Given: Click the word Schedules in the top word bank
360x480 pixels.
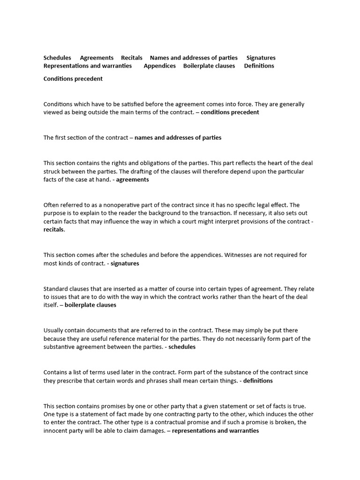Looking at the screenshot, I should click(x=57, y=58).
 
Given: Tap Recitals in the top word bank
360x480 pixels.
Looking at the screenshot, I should click(x=132, y=58).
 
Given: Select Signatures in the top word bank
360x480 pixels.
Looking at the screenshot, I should click(x=261, y=58).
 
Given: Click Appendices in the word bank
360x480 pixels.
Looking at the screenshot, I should click(x=160, y=66).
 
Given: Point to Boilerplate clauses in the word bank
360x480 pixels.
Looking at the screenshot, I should click(x=209, y=66).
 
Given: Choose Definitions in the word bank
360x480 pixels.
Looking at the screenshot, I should click(x=259, y=66).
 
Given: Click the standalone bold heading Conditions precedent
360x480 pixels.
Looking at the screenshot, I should click(x=73, y=79).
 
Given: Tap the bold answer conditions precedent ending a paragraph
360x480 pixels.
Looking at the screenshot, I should click(x=230, y=112).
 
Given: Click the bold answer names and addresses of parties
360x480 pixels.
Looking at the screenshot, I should click(x=178, y=138).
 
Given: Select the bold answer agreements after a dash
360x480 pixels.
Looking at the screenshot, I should click(x=133, y=180).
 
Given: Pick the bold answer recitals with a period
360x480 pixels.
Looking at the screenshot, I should click(x=54, y=230).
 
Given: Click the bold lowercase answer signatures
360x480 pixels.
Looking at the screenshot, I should click(x=125, y=263).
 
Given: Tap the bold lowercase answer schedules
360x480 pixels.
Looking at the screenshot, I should click(x=182, y=347).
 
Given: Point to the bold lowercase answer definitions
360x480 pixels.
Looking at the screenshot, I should click(x=258, y=381).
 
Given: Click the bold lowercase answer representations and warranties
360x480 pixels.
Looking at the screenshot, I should click(x=216, y=431).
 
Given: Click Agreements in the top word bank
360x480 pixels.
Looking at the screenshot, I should click(x=97, y=58).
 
